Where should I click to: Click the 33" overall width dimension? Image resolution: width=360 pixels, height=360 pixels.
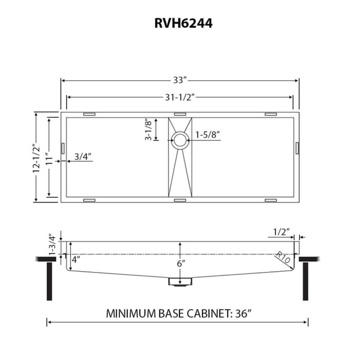click(179, 80)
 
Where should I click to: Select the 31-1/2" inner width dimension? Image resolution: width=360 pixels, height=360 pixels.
click(179, 97)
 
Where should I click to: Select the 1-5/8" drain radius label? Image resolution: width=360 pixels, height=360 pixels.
click(208, 136)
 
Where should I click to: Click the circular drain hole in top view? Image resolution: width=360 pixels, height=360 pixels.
click(180, 139)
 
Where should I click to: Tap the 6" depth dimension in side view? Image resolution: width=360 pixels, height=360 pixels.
click(180, 263)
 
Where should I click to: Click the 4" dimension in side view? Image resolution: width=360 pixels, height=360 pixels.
click(76, 260)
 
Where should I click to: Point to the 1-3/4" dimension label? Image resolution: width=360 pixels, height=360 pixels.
click(51, 245)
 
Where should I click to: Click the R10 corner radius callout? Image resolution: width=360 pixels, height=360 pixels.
click(282, 257)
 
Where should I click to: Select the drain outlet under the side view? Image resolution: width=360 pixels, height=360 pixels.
click(179, 282)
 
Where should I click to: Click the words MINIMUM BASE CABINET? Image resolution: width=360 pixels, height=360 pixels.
click(164, 313)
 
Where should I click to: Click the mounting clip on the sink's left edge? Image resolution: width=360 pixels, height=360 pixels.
click(63, 148)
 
